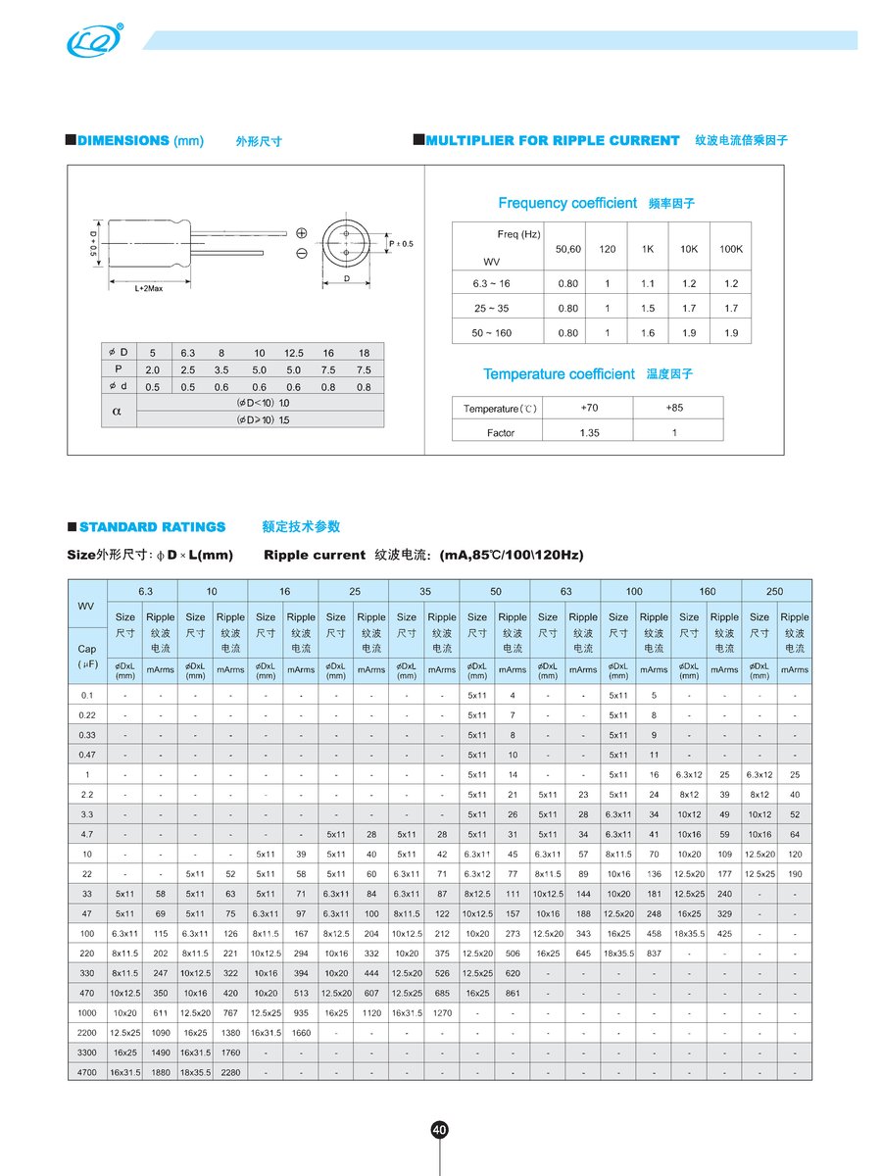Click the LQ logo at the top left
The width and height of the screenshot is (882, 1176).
coord(94,40)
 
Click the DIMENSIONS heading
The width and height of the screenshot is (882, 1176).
coord(122,140)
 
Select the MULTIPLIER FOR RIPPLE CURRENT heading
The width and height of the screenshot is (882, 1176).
coord(552,140)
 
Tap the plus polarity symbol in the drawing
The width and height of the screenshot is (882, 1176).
coord(301,233)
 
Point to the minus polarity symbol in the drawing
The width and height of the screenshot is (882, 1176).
coord(301,254)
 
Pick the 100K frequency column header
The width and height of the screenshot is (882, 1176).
coord(730,249)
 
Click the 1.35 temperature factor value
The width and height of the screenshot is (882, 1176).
coord(590,432)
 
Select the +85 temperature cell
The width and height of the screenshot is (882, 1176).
coord(674,408)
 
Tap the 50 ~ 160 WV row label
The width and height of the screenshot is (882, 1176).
coord(491,332)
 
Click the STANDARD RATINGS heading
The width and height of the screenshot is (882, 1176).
coord(152,526)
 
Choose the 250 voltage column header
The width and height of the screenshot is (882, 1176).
coord(776,591)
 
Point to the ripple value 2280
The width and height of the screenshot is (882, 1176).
coord(230,1072)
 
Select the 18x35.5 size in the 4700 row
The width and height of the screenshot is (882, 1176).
coord(195,1072)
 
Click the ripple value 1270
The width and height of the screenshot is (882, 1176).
coord(441,1012)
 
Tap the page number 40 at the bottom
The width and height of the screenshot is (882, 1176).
coord(440,1130)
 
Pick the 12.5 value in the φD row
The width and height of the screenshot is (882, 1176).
coord(294,352)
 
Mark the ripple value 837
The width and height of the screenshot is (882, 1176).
coord(654,954)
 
